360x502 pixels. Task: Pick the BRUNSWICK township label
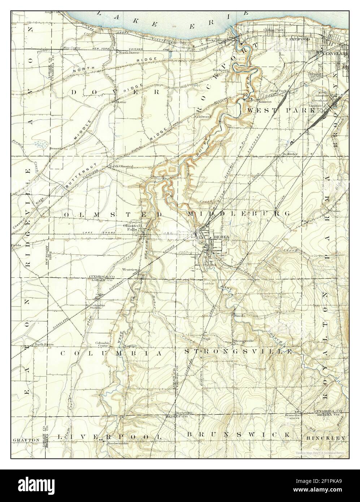239,434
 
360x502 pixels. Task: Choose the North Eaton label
44,345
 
